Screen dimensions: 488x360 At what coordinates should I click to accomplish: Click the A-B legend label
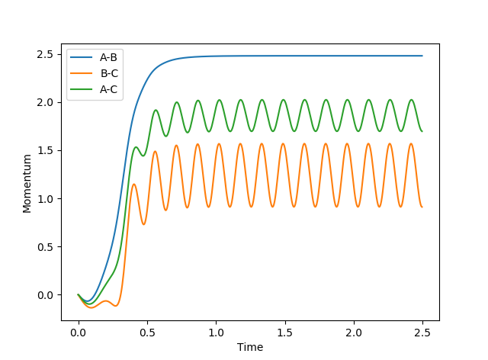coord(108,57)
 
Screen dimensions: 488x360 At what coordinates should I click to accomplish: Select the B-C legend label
coord(109,73)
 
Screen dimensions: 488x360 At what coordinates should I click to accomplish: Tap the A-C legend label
coord(108,90)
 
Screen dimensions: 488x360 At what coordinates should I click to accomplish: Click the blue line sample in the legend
coord(82,57)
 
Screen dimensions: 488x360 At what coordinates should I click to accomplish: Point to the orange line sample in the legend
coord(82,73)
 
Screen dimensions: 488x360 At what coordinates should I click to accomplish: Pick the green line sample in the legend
coord(82,90)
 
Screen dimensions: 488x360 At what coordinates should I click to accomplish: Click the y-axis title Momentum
coord(27,184)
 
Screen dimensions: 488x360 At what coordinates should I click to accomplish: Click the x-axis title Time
coord(250,347)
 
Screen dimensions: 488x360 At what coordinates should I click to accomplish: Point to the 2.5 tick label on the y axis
coord(46,55)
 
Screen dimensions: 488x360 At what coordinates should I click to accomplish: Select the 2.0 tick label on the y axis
coord(46,103)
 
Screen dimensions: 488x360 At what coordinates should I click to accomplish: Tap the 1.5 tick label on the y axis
coord(46,151)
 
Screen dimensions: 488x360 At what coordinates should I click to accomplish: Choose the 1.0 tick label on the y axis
coord(46,199)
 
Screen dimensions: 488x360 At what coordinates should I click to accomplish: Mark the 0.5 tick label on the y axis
coord(46,247)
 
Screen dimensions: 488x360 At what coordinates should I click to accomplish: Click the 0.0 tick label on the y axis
coord(46,295)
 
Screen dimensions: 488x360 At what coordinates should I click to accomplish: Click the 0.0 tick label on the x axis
coord(79,333)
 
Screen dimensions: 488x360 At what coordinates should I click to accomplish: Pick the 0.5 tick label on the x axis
coord(147,333)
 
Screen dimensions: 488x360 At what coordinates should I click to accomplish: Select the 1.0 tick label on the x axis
coord(216,333)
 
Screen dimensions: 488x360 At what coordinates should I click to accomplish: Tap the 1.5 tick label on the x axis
coord(284,333)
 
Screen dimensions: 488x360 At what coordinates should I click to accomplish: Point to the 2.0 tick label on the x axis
coord(354,333)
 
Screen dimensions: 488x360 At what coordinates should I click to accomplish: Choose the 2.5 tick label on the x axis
coord(422,333)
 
